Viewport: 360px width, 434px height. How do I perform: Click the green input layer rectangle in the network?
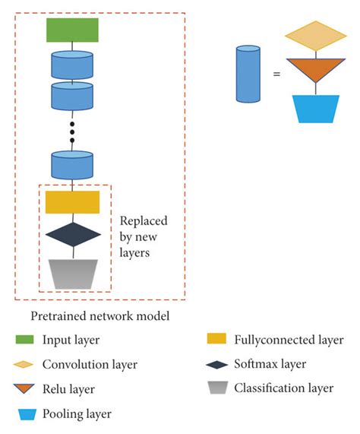pyautogui.click(x=72, y=30)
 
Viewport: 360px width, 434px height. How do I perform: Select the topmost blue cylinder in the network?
pyautogui.click(x=72, y=65)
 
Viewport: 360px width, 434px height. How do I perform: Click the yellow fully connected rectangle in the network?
pyautogui.click(x=72, y=202)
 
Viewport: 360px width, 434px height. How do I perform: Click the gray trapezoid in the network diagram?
pyautogui.click(x=72, y=273)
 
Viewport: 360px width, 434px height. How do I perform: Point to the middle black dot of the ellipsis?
pyautogui.click(x=72, y=131)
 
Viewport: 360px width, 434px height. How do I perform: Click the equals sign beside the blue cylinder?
pyautogui.click(x=277, y=74)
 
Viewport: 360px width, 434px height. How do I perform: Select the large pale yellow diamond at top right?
pyautogui.click(x=317, y=36)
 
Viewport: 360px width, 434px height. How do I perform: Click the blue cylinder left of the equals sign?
pyautogui.click(x=248, y=74)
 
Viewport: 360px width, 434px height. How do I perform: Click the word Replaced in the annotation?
pyautogui.click(x=144, y=222)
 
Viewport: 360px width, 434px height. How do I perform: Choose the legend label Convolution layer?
pyautogui.click(x=90, y=364)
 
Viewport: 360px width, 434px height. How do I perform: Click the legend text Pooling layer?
pyautogui.click(x=77, y=413)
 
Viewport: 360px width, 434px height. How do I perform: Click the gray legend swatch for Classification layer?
pyautogui.click(x=216, y=388)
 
